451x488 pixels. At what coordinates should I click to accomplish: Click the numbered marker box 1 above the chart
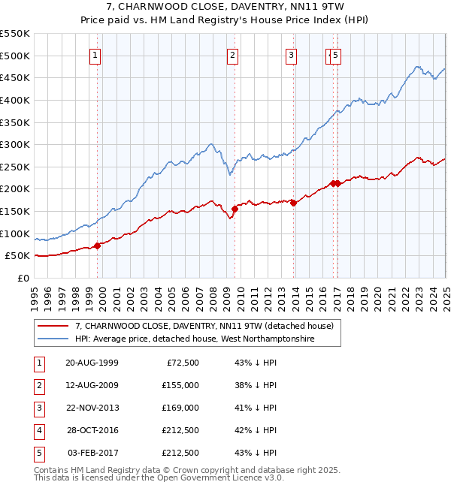(96, 54)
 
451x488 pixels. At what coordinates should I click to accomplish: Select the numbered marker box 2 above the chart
(233, 54)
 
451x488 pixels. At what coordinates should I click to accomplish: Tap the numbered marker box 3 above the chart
(291, 54)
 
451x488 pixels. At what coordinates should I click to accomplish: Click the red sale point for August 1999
(98, 246)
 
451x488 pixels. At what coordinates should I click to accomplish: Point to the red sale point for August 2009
(235, 209)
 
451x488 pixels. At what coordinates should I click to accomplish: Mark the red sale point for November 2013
(293, 203)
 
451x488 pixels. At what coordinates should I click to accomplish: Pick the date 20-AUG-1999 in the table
(92, 363)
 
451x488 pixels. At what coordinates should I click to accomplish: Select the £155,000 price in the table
(180, 385)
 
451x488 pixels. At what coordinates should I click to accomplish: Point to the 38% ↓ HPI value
(256, 385)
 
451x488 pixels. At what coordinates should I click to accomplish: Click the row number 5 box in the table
(38, 453)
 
